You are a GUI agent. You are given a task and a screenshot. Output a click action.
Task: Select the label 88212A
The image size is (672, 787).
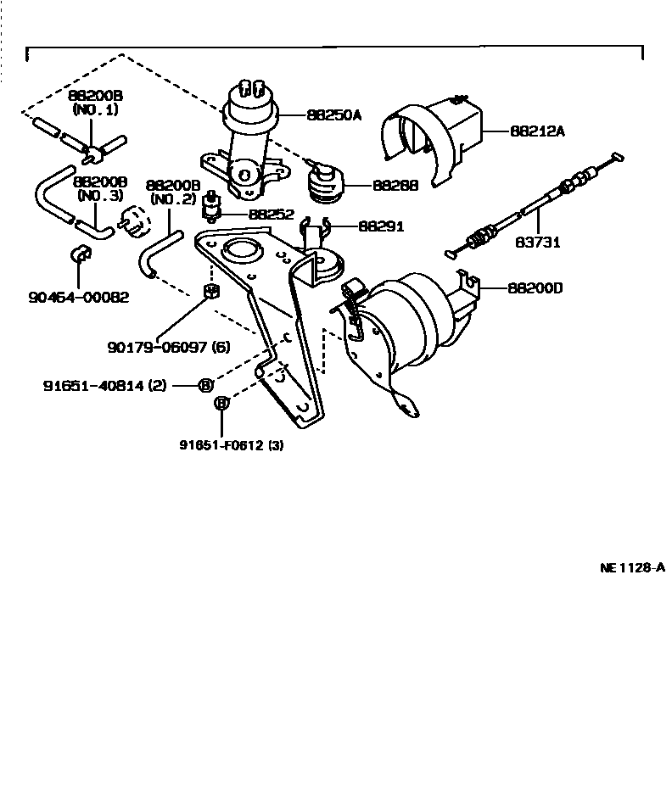tap(537, 131)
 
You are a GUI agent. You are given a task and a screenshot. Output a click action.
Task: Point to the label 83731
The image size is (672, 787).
tap(537, 242)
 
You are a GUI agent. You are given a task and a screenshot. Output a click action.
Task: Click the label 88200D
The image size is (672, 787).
tap(535, 288)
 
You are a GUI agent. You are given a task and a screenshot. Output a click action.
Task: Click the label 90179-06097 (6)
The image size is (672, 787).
tap(168, 347)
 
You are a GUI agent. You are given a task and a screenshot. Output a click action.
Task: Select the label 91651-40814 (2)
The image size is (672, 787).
tap(104, 386)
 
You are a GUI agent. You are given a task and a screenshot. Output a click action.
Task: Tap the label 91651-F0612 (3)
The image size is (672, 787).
tap(231, 444)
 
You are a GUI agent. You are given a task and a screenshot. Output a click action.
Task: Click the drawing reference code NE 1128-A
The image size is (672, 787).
tap(631, 568)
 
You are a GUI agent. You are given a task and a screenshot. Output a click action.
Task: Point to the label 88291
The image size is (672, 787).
tap(380, 226)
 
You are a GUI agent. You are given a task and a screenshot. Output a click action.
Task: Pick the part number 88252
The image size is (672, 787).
tap(271, 215)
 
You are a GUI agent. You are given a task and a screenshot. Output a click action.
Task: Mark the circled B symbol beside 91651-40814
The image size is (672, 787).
tap(205, 386)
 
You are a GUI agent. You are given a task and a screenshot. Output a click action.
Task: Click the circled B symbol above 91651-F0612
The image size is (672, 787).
tap(221, 404)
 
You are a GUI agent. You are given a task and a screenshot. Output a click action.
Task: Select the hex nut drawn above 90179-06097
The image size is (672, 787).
tap(213, 293)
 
